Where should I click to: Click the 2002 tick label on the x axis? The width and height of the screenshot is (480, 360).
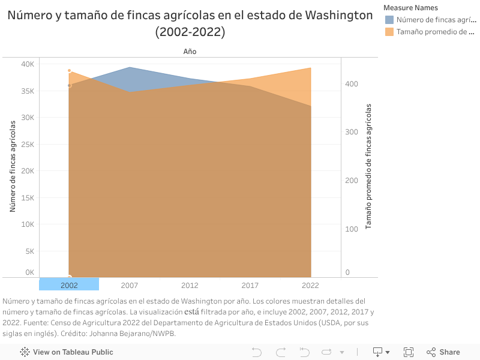[x=69, y=286]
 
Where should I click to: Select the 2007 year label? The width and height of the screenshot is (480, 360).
[x=130, y=286]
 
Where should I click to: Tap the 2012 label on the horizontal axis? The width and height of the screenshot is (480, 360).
[x=190, y=286]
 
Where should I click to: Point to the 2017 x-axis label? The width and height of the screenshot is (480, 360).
[x=250, y=286]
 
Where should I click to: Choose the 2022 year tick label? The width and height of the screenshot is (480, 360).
[x=310, y=286]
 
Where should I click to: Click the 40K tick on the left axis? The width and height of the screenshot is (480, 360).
[x=28, y=64]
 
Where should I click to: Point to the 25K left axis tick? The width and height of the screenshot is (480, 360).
[x=28, y=145]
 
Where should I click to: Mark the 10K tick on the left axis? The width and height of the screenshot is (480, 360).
[x=28, y=224]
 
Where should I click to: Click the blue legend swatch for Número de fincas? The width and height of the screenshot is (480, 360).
[x=389, y=20]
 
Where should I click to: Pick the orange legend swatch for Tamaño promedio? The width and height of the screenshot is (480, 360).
[x=389, y=32]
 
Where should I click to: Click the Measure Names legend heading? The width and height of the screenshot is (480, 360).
[x=410, y=8]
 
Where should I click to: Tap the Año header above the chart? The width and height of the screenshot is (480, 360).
[x=190, y=52]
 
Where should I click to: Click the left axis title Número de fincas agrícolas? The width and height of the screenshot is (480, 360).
[x=13, y=166]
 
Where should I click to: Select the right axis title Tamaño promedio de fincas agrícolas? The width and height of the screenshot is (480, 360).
[x=368, y=166]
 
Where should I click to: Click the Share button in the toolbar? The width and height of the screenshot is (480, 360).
[x=443, y=352]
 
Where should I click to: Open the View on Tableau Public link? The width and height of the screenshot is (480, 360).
[x=67, y=352]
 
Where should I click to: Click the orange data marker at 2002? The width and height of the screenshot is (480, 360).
[x=70, y=71]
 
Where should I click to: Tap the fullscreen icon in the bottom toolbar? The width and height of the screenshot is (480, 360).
[x=409, y=352]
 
